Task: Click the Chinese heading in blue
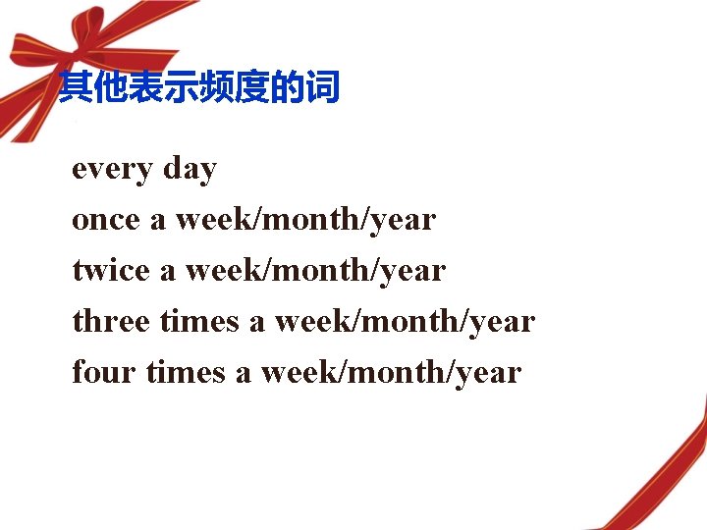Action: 198,89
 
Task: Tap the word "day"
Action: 190,170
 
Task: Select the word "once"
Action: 106,220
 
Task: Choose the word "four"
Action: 104,372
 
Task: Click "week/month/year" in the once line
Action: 305,220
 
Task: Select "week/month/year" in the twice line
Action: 315,270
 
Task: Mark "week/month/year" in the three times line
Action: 405,321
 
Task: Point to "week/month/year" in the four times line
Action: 391,372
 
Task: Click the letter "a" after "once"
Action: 158,221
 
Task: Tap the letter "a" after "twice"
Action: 168,272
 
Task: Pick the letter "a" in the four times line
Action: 244,374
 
